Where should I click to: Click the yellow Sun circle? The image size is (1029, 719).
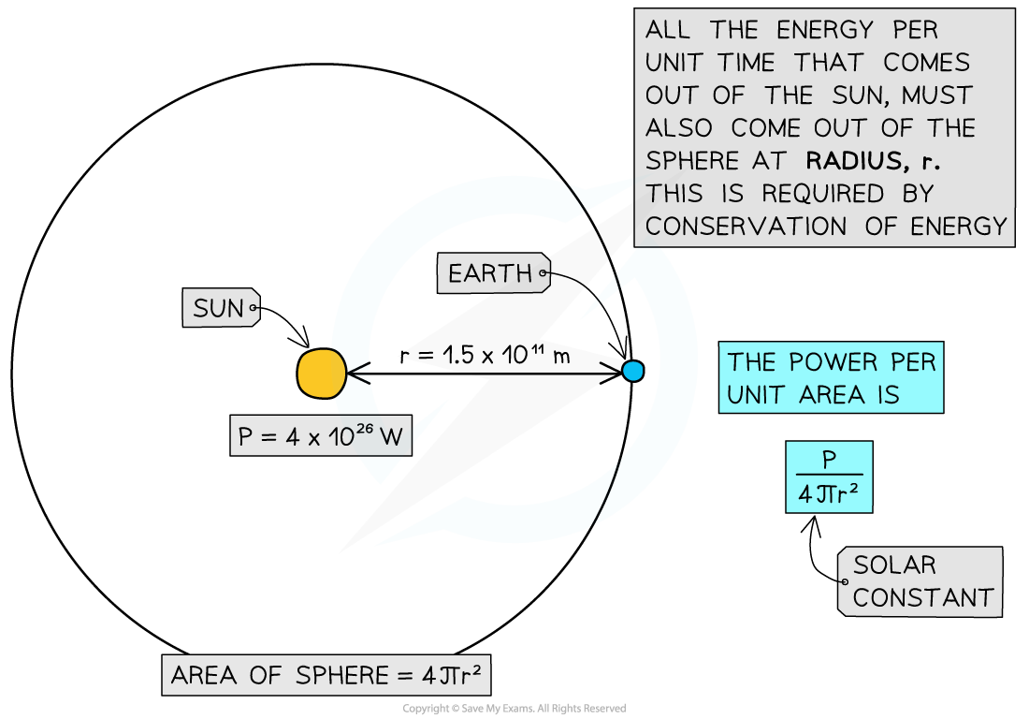coord(322,374)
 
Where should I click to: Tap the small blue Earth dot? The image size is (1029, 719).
coord(633,371)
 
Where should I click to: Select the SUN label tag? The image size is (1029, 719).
coord(220,308)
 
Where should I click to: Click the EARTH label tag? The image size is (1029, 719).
coord(490,274)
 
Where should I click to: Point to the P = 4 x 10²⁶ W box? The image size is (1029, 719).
coord(320,436)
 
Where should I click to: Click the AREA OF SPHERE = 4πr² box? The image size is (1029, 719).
coord(326,675)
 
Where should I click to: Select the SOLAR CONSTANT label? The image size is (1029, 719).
coord(921,581)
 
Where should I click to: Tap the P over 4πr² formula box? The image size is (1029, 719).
coord(829,477)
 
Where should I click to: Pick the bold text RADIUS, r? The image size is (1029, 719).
coord(873,161)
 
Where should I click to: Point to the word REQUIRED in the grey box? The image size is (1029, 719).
coord(823,194)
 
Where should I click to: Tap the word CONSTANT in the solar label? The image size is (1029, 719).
coord(923,598)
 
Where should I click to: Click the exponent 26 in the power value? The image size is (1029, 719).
coord(363,430)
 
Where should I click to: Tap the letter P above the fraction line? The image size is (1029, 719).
coord(829,459)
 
